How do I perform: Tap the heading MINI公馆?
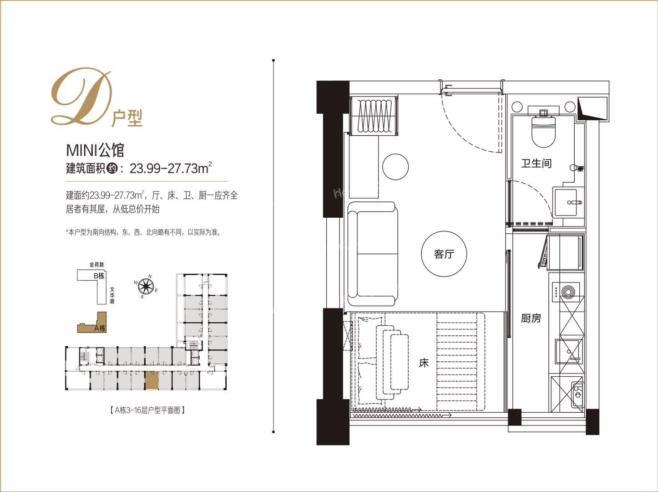(95, 150)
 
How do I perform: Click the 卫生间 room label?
(536, 163)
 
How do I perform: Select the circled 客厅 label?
(444, 254)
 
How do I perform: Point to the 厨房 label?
(531, 318)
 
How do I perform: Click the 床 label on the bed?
(424, 363)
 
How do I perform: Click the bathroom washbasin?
(565, 202)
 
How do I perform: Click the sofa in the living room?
(372, 254)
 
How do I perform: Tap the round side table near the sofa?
(395, 167)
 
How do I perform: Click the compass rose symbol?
(146, 286)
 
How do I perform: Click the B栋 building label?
(99, 276)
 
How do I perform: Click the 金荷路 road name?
(96, 264)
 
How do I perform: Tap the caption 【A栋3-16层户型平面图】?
(147, 410)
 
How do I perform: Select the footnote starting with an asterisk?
(143, 232)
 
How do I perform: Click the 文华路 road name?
(112, 295)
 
